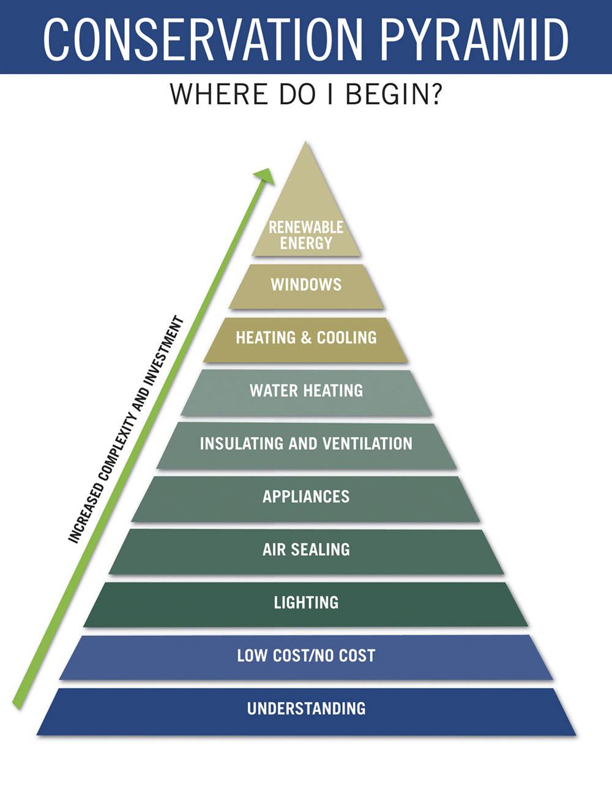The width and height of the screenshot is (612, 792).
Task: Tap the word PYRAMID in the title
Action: [474, 39]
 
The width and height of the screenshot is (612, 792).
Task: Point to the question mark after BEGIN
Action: [435, 94]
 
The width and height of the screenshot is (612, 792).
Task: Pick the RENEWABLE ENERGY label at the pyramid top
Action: [306, 235]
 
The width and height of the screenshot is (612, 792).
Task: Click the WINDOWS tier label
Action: [306, 285]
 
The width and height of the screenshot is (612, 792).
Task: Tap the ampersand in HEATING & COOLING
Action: [306, 337]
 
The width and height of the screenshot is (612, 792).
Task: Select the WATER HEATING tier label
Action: [306, 390]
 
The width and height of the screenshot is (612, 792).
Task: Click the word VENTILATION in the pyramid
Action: [368, 444]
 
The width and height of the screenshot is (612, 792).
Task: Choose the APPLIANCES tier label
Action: [306, 496]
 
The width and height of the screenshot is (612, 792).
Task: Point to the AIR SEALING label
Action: [306, 549]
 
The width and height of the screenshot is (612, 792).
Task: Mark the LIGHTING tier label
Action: [306, 602]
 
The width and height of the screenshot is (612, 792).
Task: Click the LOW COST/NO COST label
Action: [306, 656]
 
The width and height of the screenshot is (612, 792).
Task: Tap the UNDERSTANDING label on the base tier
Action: [306, 709]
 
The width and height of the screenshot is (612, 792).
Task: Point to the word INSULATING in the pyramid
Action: [242, 444]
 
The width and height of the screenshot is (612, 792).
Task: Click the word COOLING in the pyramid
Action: [347, 337]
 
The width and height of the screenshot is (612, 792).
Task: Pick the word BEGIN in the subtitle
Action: [386, 94]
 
